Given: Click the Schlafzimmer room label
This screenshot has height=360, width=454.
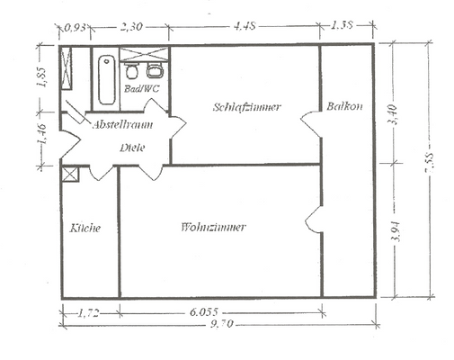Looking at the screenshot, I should click(x=247, y=107).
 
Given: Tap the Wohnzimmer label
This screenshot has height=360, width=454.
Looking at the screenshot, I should click(x=213, y=227).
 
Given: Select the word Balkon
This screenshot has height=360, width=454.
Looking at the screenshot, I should click(x=345, y=106).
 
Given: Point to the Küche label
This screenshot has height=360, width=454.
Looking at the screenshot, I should click(x=85, y=228).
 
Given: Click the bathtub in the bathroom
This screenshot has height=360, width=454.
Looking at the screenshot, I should click(x=105, y=79).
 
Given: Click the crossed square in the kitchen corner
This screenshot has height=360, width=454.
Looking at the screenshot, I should click(x=70, y=174).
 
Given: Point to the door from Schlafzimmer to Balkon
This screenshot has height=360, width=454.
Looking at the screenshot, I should click(x=313, y=124).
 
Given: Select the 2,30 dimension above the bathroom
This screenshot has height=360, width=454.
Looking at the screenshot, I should click(x=132, y=25).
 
